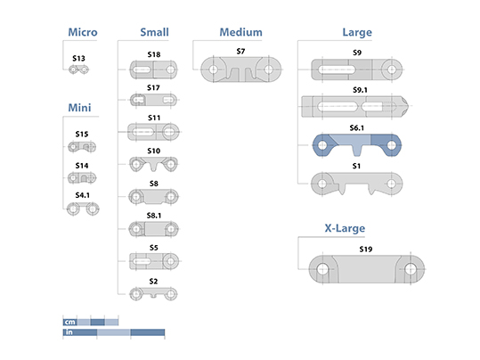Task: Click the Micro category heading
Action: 83,32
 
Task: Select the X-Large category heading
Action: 345,228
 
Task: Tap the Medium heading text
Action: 241,32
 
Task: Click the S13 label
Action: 78,58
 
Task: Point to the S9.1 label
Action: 360,90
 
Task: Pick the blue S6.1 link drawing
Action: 357,144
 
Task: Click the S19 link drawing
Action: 366,269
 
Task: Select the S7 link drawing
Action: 241,70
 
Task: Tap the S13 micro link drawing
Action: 78,70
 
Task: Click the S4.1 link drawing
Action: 83,209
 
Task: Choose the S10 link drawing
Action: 153,164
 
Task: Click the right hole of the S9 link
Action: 392,70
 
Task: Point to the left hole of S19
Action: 322,269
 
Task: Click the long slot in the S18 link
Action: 142,70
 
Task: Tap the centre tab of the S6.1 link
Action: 357,150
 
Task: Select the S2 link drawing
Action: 153,294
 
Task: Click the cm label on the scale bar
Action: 70,322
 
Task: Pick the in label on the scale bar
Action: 69,332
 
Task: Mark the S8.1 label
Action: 154,216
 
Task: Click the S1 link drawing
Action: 357,184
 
